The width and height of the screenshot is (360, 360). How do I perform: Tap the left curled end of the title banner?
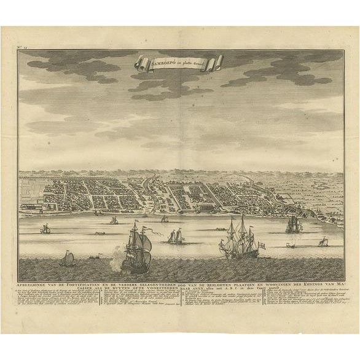(140, 62)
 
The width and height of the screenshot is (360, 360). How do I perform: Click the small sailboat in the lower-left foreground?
(67, 260)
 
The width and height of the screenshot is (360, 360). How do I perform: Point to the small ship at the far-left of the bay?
(45, 229)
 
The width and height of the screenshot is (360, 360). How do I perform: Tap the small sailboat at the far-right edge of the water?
(323, 242)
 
